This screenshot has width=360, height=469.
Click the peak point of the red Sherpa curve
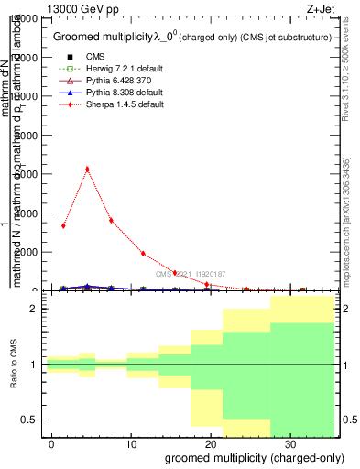coord(87,169)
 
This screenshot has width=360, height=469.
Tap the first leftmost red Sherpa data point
coord(63,225)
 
